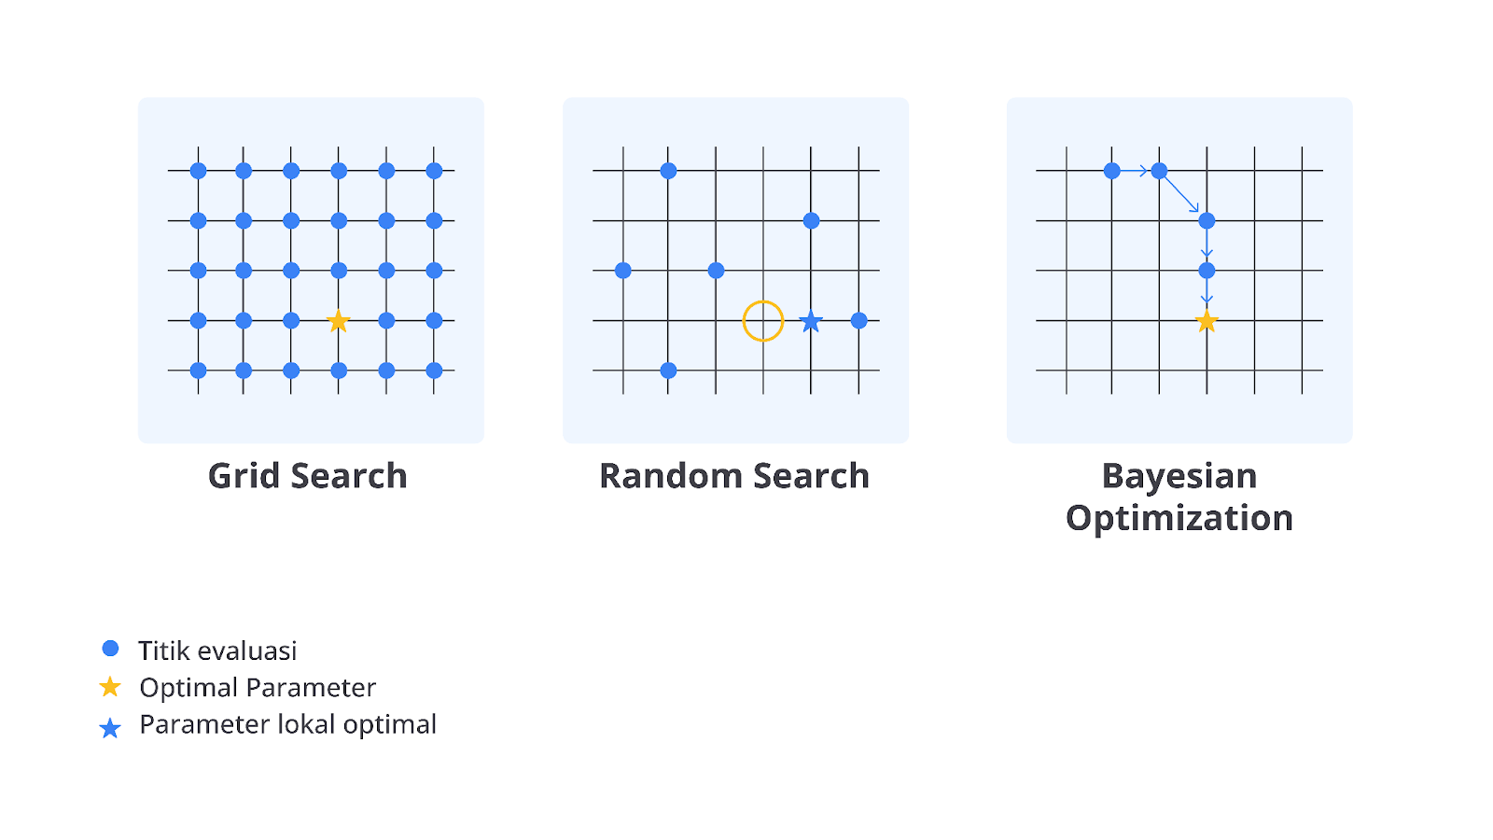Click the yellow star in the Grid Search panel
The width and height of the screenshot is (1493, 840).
point(339,321)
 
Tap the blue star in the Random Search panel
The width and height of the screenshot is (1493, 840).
point(811,321)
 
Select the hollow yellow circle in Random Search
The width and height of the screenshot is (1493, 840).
point(763,301)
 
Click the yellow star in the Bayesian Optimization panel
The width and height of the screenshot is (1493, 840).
point(1207,321)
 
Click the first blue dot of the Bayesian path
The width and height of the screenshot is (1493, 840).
point(1111,171)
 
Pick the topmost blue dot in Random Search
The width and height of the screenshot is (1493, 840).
point(668,171)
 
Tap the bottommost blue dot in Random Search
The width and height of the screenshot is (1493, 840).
point(668,370)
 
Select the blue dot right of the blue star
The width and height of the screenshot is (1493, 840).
point(859,321)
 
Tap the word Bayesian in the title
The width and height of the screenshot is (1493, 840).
point(1179,477)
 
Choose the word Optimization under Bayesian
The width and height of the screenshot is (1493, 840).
point(1179,519)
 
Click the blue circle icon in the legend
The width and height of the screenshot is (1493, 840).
point(111,648)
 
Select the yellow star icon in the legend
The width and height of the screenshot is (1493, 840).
point(110,687)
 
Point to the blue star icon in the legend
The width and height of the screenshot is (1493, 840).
point(110,728)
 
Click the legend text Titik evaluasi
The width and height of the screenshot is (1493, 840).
point(217,651)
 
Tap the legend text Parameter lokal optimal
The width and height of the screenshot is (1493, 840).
point(288,724)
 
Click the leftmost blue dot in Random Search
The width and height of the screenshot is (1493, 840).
point(623,271)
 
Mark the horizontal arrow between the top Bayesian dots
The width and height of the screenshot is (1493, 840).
point(1135,171)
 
